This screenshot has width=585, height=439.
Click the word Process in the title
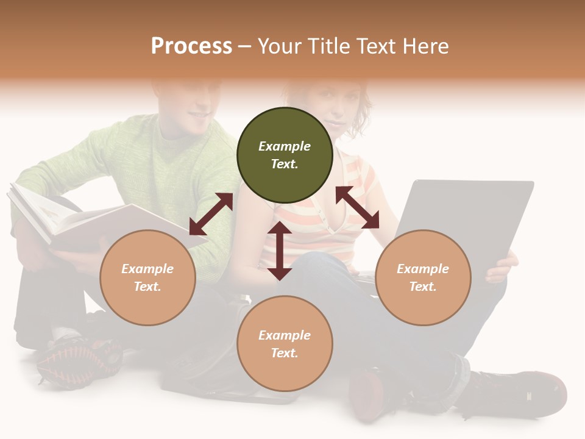coord(191,46)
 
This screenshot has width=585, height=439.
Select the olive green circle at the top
coord(285,155)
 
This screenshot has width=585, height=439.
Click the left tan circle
coord(147,277)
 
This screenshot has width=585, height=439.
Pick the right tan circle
coord(423,277)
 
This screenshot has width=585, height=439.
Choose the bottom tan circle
coord(285,344)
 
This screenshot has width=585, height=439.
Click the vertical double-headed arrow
coord(280,251)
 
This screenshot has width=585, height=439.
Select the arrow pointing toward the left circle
coord(211,214)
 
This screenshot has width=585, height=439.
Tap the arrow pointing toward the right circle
coord(357,207)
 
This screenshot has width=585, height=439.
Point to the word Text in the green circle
coord(285,164)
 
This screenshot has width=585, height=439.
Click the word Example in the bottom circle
coord(285,335)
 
